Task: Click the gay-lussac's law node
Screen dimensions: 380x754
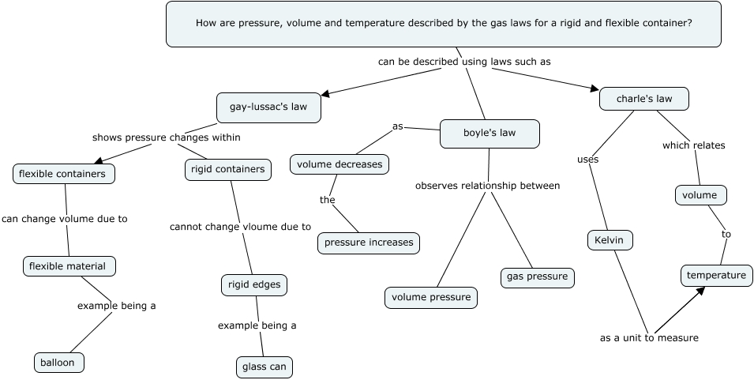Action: click(x=268, y=107)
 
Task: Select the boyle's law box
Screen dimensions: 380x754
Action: click(x=490, y=134)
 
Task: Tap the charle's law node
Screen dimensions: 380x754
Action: click(x=643, y=99)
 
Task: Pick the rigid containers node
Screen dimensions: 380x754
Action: click(x=228, y=169)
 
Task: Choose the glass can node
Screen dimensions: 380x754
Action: click(x=264, y=367)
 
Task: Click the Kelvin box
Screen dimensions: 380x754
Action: click(x=610, y=240)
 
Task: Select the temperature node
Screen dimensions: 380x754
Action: click(x=716, y=276)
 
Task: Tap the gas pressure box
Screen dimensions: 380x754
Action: click(x=537, y=277)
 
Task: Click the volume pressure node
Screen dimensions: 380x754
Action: click(x=431, y=298)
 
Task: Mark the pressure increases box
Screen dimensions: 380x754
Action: click(x=369, y=243)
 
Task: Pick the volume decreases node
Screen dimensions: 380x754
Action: click(x=339, y=164)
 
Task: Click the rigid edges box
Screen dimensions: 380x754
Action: click(x=254, y=284)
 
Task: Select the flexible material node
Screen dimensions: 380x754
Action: click(x=69, y=266)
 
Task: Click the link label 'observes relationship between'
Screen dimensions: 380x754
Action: click(x=487, y=186)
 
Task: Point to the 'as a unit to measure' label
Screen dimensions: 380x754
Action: click(x=649, y=338)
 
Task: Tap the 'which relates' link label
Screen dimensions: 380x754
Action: click(x=693, y=145)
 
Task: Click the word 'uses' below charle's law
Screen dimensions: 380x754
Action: click(x=587, y=159)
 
